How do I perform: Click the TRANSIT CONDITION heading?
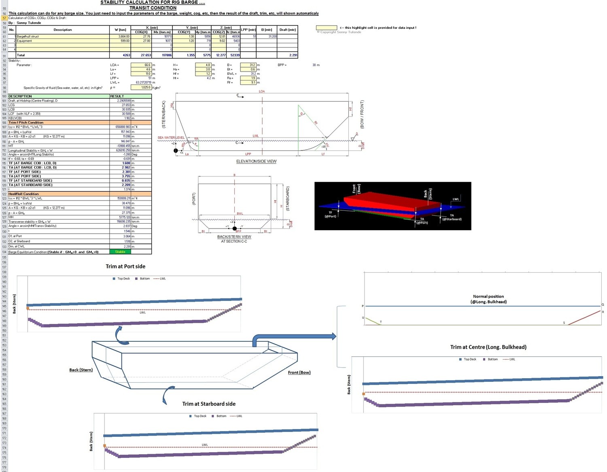153,8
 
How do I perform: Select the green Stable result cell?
120,252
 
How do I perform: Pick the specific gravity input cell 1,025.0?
141,87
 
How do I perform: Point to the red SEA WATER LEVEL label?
171,138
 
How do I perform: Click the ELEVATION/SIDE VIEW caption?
256,161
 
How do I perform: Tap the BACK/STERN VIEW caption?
234,237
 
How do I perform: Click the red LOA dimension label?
262,91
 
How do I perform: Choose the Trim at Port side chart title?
125,267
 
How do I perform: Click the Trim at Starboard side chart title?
209,404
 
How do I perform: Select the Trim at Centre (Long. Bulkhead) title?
488,347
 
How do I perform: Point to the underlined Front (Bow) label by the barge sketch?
299,373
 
